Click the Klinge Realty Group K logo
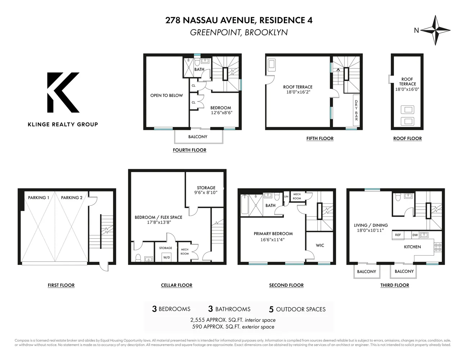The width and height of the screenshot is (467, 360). (x=63, y=93)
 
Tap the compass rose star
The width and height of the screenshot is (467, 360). (x=435, y=30)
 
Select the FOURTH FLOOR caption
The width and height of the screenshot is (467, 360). (x=190, y=150)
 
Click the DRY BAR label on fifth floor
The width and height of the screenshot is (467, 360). (x=356, y=110)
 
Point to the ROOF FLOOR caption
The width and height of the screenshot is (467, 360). (x=407, y=138)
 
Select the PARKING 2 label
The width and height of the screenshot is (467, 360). (x=72, y=198)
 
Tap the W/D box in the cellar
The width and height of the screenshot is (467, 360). (x=167, y=257)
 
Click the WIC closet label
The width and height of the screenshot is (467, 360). (x=320, y=246)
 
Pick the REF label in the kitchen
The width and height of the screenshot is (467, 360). (x=398, y=235)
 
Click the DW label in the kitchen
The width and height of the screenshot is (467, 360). (x=415, y=235)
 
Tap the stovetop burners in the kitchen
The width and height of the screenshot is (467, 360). (x=438, y=247)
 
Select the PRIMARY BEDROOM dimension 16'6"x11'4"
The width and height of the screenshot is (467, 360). (x=273, y=239)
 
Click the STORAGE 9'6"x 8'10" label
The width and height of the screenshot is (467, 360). (x=206, y=190)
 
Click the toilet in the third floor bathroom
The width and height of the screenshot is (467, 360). (x=398, y=197)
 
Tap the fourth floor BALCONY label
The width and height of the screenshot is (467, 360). (x=198, y=137)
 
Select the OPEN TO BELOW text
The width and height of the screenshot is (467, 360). (x=167, y=95)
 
